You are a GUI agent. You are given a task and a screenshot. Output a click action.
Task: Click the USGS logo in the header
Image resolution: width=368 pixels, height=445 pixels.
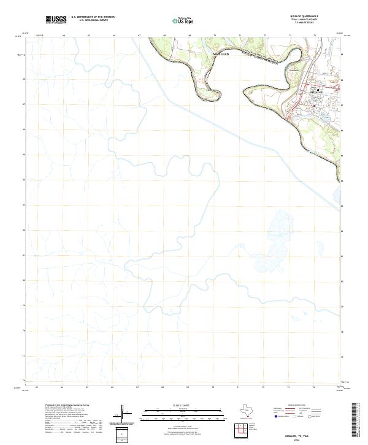56,20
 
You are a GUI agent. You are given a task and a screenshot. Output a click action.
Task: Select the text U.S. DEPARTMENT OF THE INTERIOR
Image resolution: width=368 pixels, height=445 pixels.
93,17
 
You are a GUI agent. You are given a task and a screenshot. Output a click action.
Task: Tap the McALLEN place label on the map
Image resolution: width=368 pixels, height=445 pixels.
221,55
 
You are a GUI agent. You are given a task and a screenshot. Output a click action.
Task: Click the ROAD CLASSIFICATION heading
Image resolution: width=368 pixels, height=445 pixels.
301,406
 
